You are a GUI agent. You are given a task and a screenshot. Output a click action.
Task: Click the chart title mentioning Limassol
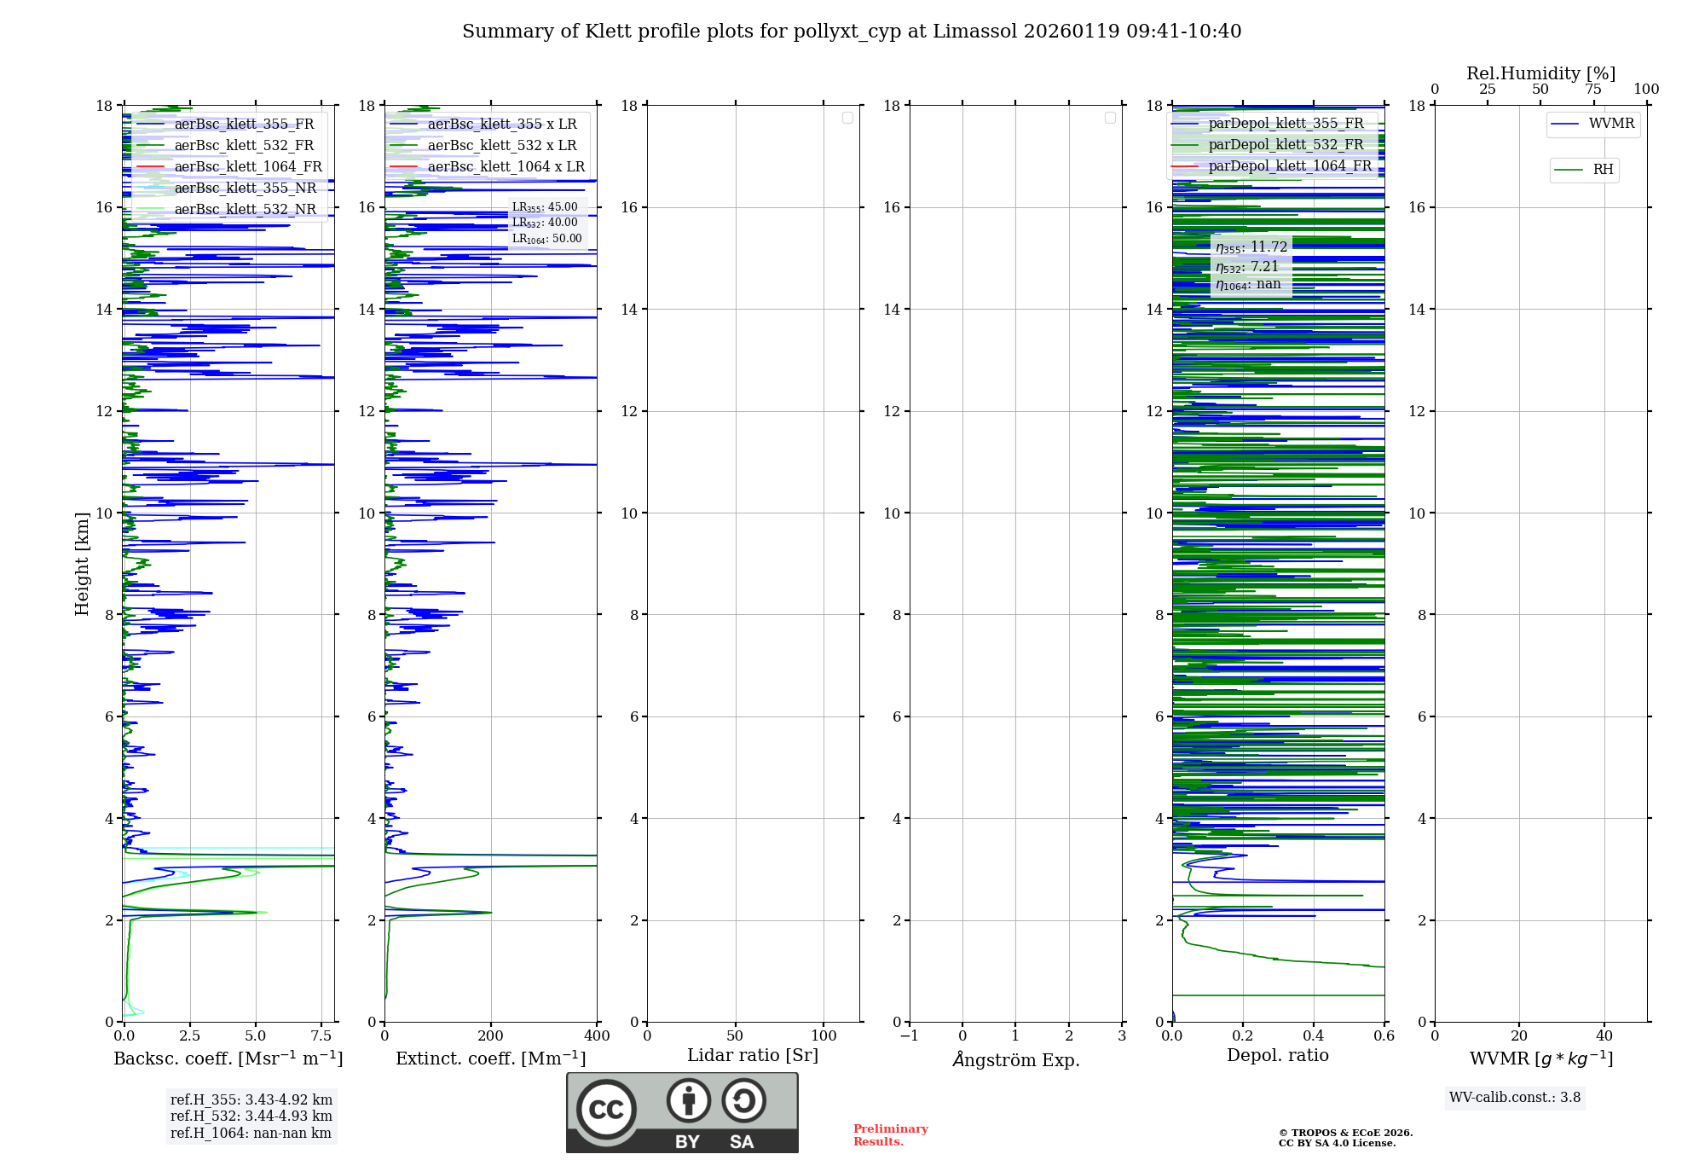852,32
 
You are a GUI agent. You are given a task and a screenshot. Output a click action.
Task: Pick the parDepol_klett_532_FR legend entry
1285,145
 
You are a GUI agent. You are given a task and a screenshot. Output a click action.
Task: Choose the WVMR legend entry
1610,124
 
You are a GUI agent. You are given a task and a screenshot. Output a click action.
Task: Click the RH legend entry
1602,170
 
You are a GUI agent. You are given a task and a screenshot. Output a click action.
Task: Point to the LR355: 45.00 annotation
545,207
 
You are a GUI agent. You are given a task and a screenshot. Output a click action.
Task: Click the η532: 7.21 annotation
1248,267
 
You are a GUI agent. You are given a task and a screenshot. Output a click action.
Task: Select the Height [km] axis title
82,564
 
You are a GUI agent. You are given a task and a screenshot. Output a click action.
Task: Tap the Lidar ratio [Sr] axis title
753,1056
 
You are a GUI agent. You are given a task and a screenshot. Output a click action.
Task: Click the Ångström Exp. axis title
1015,1060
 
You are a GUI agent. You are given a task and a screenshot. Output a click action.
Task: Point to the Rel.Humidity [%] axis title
1540,73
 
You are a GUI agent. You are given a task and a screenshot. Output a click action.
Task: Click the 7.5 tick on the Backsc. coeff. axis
321,1036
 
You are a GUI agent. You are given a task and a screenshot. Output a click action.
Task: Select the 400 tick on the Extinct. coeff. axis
597,1036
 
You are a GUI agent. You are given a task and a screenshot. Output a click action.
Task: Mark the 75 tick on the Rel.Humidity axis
1592,90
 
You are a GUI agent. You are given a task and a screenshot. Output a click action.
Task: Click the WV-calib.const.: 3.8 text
1515,1098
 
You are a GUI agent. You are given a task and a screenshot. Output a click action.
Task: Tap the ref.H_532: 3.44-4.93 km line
251,1116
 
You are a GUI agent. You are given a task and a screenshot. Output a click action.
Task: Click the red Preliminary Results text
890,1135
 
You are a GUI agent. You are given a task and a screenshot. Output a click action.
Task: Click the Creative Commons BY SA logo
682,1113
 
